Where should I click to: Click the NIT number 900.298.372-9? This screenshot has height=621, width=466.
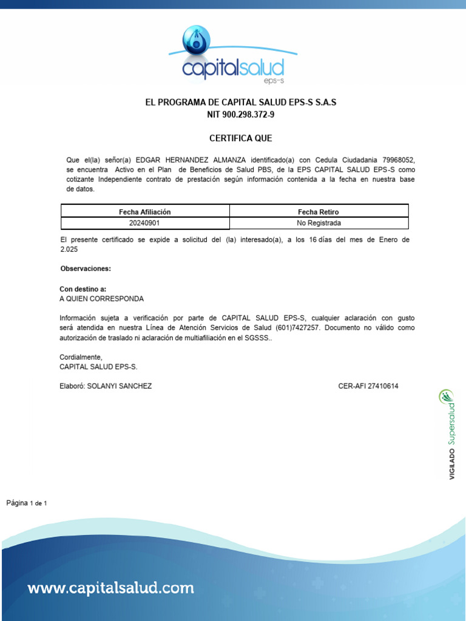(241, 115)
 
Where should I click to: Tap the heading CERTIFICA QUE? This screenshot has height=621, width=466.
(241, 138)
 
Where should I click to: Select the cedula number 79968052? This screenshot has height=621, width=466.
(398, 159)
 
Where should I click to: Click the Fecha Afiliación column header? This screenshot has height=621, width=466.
(145, 212)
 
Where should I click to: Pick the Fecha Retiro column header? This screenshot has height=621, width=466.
(319, 212)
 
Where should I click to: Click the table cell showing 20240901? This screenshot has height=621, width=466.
(145, 223)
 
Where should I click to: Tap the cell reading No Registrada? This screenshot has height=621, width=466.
(319, 223)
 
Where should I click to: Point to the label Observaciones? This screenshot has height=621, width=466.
(86, 268)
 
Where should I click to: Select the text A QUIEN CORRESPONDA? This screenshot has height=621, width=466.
(102, 299)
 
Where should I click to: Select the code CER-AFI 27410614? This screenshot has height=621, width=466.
(368, 386)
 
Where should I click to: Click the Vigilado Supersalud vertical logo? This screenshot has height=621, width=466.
(450, 434)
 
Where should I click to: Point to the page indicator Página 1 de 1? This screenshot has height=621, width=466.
(27, 503)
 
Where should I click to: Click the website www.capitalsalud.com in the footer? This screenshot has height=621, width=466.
(111, 588)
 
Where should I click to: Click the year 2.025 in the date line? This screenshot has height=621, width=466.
(69, 249)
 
